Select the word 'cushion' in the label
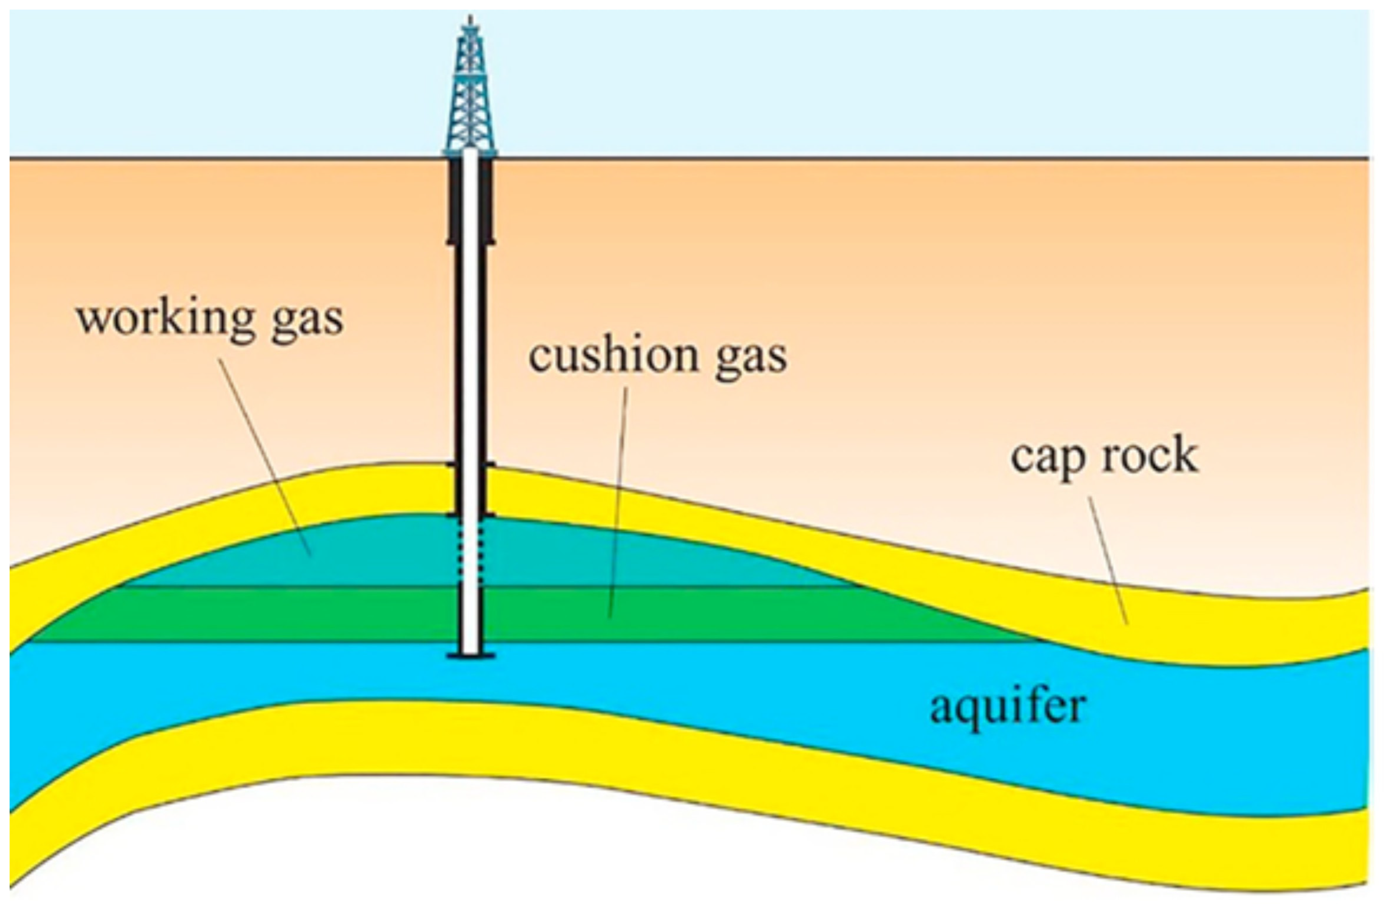pos(614,356)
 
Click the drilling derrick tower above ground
pos(470,99)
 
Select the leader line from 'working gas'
pos(265,457)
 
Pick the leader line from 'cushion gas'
pos(618,501)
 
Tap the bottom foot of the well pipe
pos(470,656)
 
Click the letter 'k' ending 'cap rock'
pos(1184,455)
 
